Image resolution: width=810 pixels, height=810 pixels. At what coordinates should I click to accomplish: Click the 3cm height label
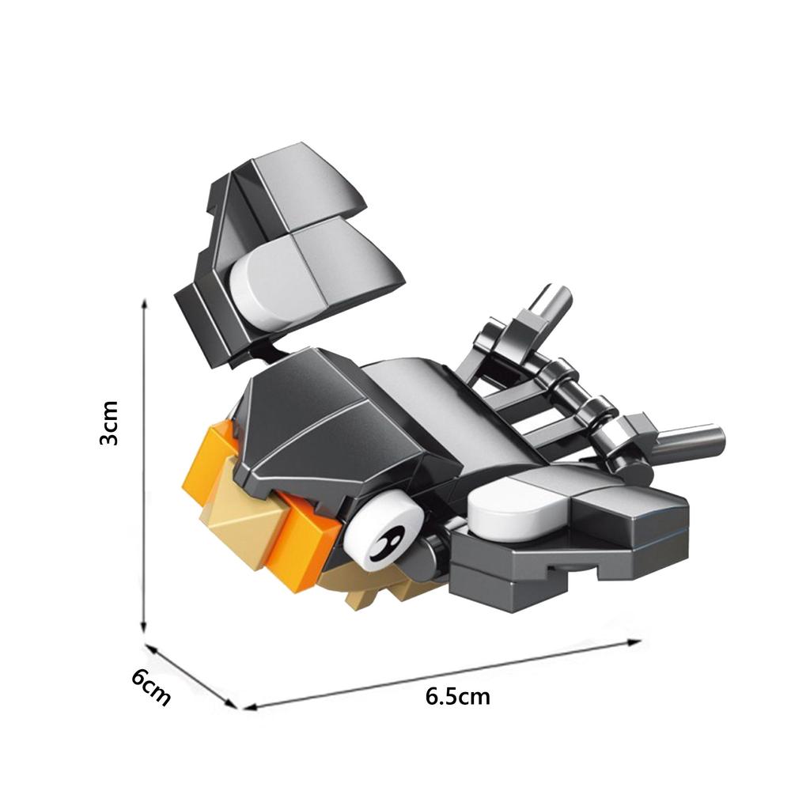pyautogui.click(x=108, y=423)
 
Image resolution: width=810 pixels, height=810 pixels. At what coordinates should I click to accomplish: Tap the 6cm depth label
pyautogui.click(x=150, y=687)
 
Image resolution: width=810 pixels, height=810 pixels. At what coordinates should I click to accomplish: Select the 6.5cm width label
pyautogui.click(x=458, y=697)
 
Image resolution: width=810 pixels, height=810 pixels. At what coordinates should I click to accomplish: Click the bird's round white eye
pyautogui.click(x=383, y=532)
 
